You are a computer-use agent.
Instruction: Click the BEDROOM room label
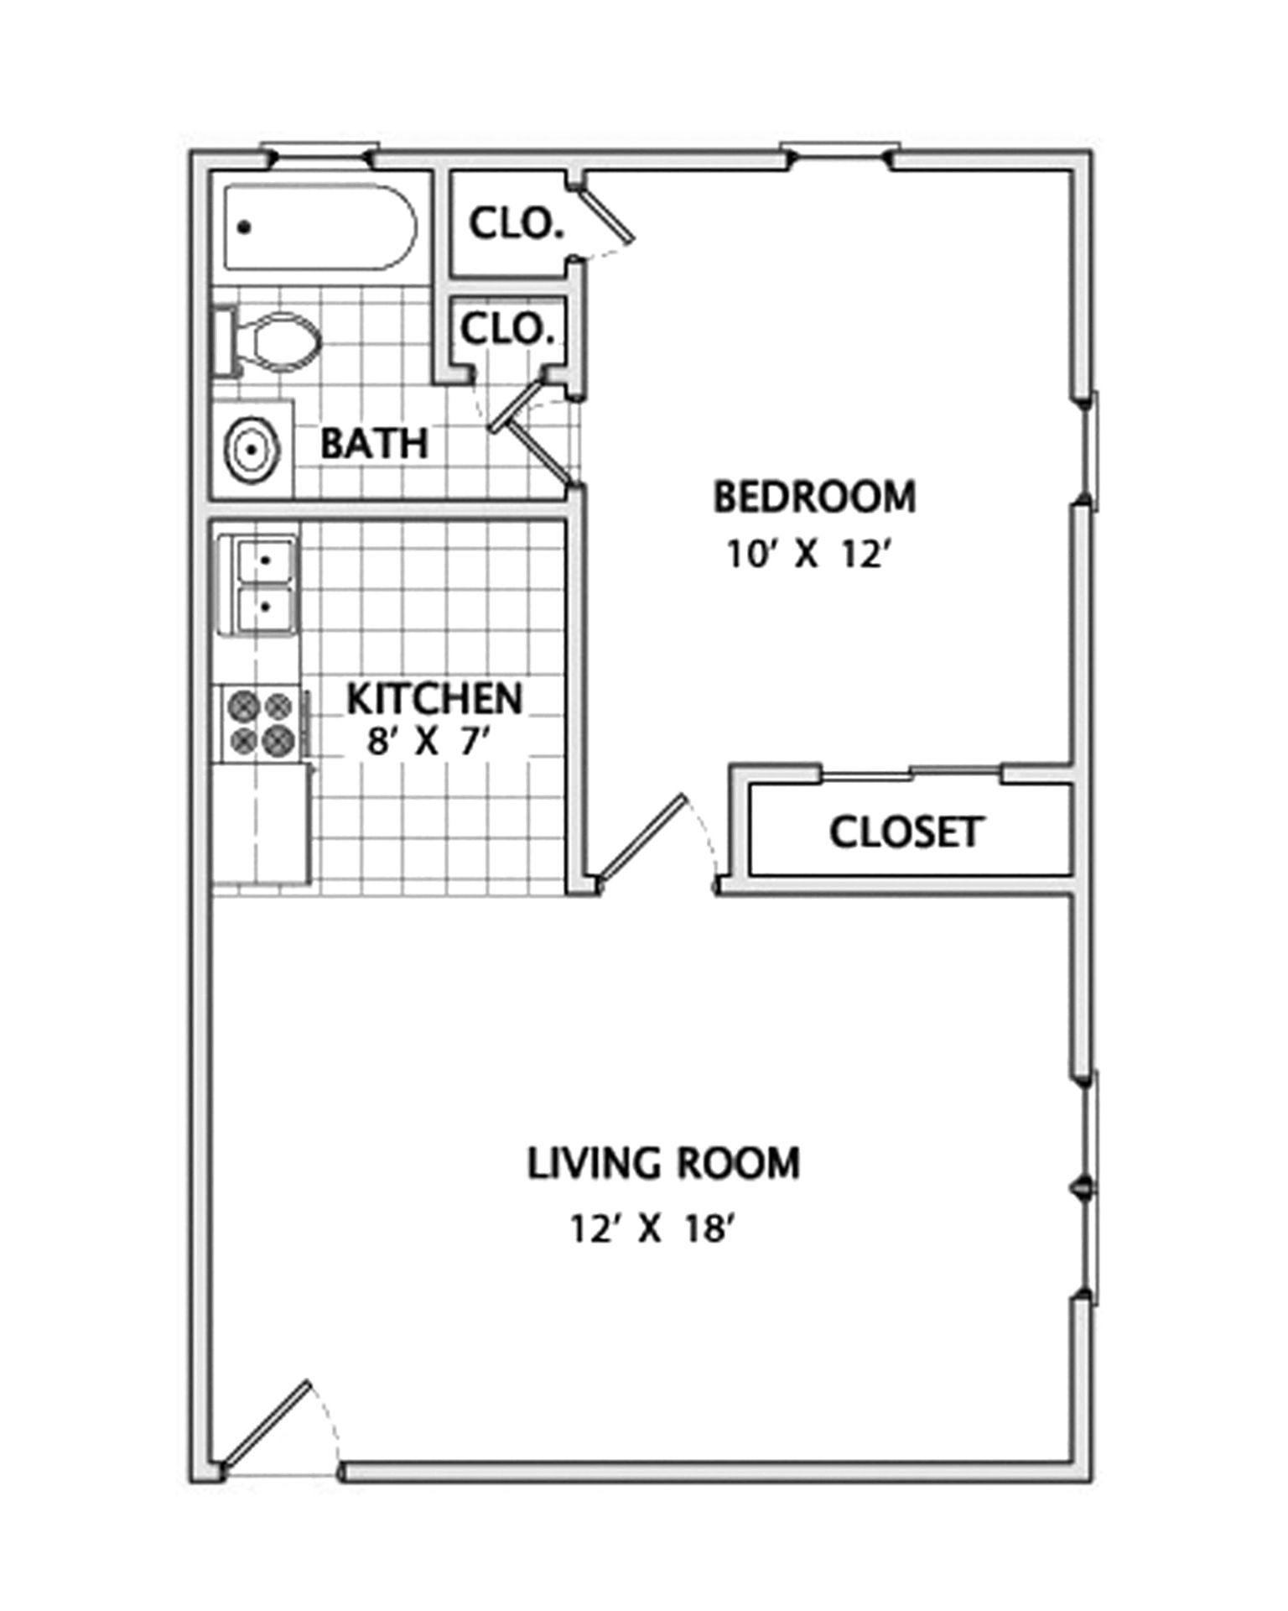[814, 497]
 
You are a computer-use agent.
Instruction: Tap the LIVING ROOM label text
[663, 1164]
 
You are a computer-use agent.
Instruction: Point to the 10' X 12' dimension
[807, 555]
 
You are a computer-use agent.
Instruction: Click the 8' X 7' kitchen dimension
[428, 742]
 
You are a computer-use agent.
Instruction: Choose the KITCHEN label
[435, 699]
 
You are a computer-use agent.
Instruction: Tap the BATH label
[375, 443]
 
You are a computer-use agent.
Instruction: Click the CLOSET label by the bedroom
[906, 832]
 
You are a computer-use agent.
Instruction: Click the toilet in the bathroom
[267, 341]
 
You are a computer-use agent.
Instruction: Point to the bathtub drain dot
[245, 227]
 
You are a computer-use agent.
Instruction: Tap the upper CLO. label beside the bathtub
[516, 226]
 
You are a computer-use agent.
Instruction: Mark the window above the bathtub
[320, 151]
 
